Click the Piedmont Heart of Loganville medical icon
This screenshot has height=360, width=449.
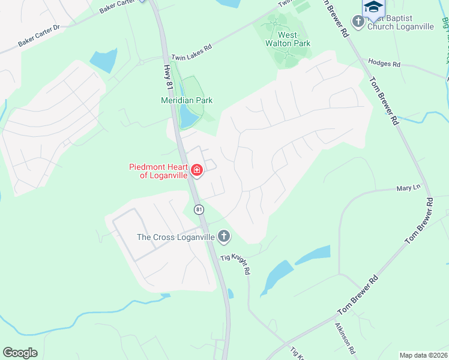pos(196,171)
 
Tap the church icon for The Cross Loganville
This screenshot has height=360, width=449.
pos(224,236)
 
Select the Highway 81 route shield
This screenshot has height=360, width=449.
pos(199,209)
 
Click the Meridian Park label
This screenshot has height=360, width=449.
pos(187,100)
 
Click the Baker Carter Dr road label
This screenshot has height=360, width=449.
pos(40,36)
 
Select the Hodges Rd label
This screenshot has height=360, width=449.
pos(384,63)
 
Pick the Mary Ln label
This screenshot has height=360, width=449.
pos(408,188)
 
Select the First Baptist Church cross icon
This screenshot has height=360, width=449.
pos(358,22)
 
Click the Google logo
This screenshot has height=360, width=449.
pos(20,353)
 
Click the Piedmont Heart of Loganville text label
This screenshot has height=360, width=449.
pos(159,171)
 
